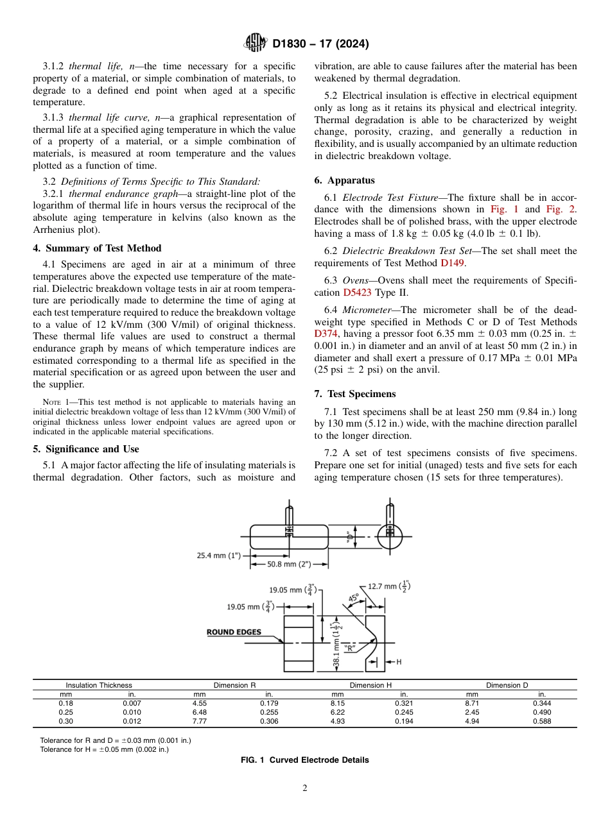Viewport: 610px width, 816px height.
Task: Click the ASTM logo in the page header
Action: coord(256,44)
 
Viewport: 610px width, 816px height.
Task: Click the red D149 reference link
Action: coord(451,262)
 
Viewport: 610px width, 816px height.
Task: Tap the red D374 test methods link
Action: coord(325,333)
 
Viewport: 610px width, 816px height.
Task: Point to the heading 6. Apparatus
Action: coord(345,180)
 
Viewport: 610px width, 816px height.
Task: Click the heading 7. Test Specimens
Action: coord(355,393)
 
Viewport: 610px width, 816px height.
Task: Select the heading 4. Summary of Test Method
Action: coord(97,248)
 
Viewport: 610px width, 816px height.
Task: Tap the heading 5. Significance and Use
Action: coord(86,449)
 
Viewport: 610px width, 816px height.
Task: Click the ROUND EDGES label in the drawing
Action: coord(234,632)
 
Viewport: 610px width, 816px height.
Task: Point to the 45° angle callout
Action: coord(353,598)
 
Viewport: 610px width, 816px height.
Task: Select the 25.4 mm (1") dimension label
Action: coord(219,556)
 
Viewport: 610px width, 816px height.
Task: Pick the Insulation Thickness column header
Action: coord(99,685)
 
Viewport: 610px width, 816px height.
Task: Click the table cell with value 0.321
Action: coord(404,703)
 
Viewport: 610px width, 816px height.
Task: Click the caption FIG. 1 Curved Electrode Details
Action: coord(304,760)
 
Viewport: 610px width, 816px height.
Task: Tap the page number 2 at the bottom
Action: coord(305,788)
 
